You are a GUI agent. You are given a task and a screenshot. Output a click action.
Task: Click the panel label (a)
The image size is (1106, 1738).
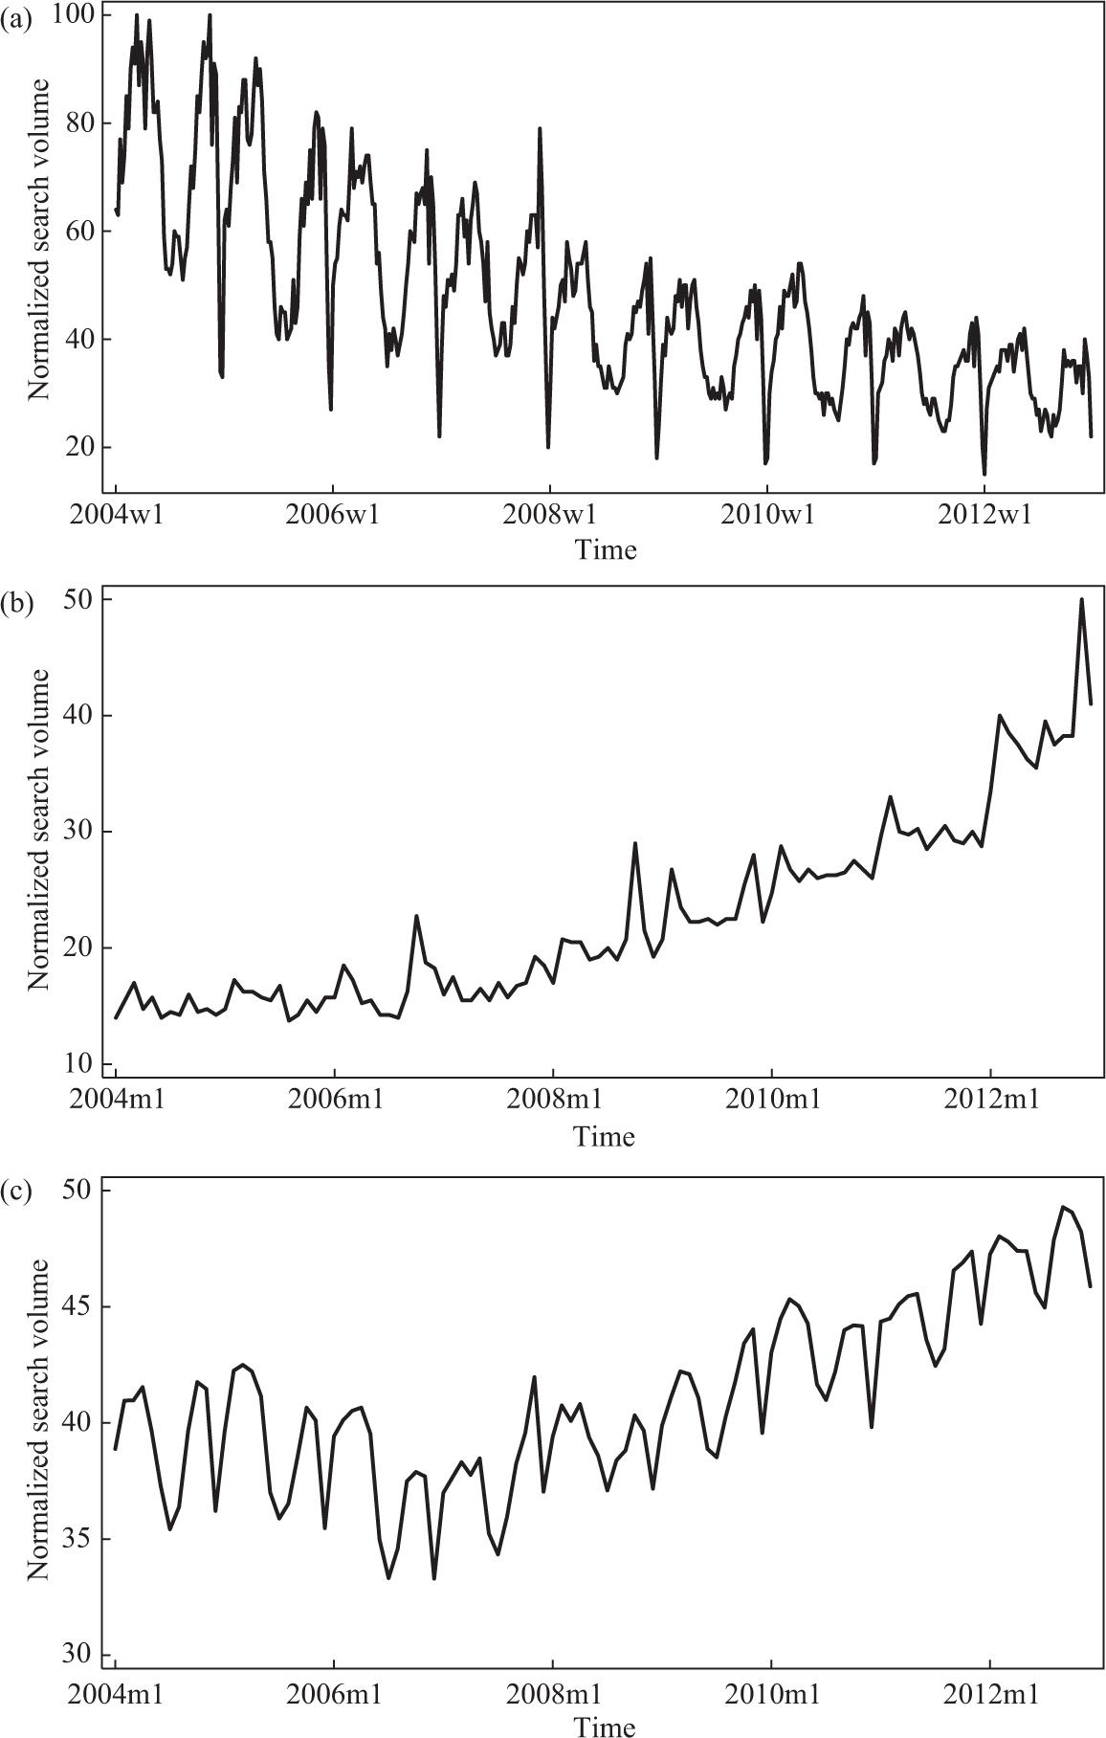pos(16,21)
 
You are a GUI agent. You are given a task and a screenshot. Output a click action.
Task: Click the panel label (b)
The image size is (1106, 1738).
pos(17,605)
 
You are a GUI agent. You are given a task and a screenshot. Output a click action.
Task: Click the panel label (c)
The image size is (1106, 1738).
pos(16,1192)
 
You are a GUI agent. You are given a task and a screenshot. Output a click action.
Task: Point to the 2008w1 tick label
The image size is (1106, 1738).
pos(549,515)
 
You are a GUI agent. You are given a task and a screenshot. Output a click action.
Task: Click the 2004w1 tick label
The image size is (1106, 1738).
pos(116,515)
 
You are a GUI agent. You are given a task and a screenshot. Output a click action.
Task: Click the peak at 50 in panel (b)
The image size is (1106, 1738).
pos(1081,600)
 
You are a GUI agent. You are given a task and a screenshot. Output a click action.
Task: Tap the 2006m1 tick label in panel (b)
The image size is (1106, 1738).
pos(334,1101)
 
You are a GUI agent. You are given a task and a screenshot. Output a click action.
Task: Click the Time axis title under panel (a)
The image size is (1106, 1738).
pos(606,549)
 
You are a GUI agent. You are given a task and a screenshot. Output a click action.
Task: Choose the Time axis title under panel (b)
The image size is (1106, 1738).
pos(606,1136)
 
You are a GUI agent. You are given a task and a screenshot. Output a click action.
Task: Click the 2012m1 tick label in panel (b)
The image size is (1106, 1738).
pos(989,1101)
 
